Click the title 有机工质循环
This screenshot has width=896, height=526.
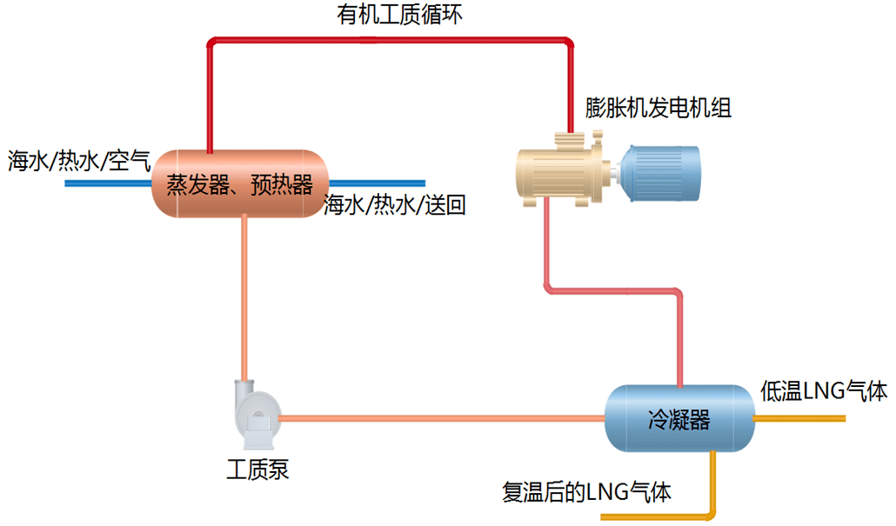399,15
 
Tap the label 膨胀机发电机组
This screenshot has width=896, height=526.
658,108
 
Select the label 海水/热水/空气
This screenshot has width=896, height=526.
79,161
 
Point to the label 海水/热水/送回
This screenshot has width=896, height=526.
395,207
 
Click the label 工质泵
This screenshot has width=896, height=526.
257,472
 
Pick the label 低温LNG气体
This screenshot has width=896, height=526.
823,391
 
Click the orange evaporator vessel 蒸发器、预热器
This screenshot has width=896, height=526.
239,183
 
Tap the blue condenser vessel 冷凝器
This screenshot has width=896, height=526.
679,420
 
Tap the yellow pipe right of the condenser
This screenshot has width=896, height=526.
799,418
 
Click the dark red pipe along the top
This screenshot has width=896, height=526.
391,39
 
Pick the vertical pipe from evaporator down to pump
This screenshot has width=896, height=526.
245,296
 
